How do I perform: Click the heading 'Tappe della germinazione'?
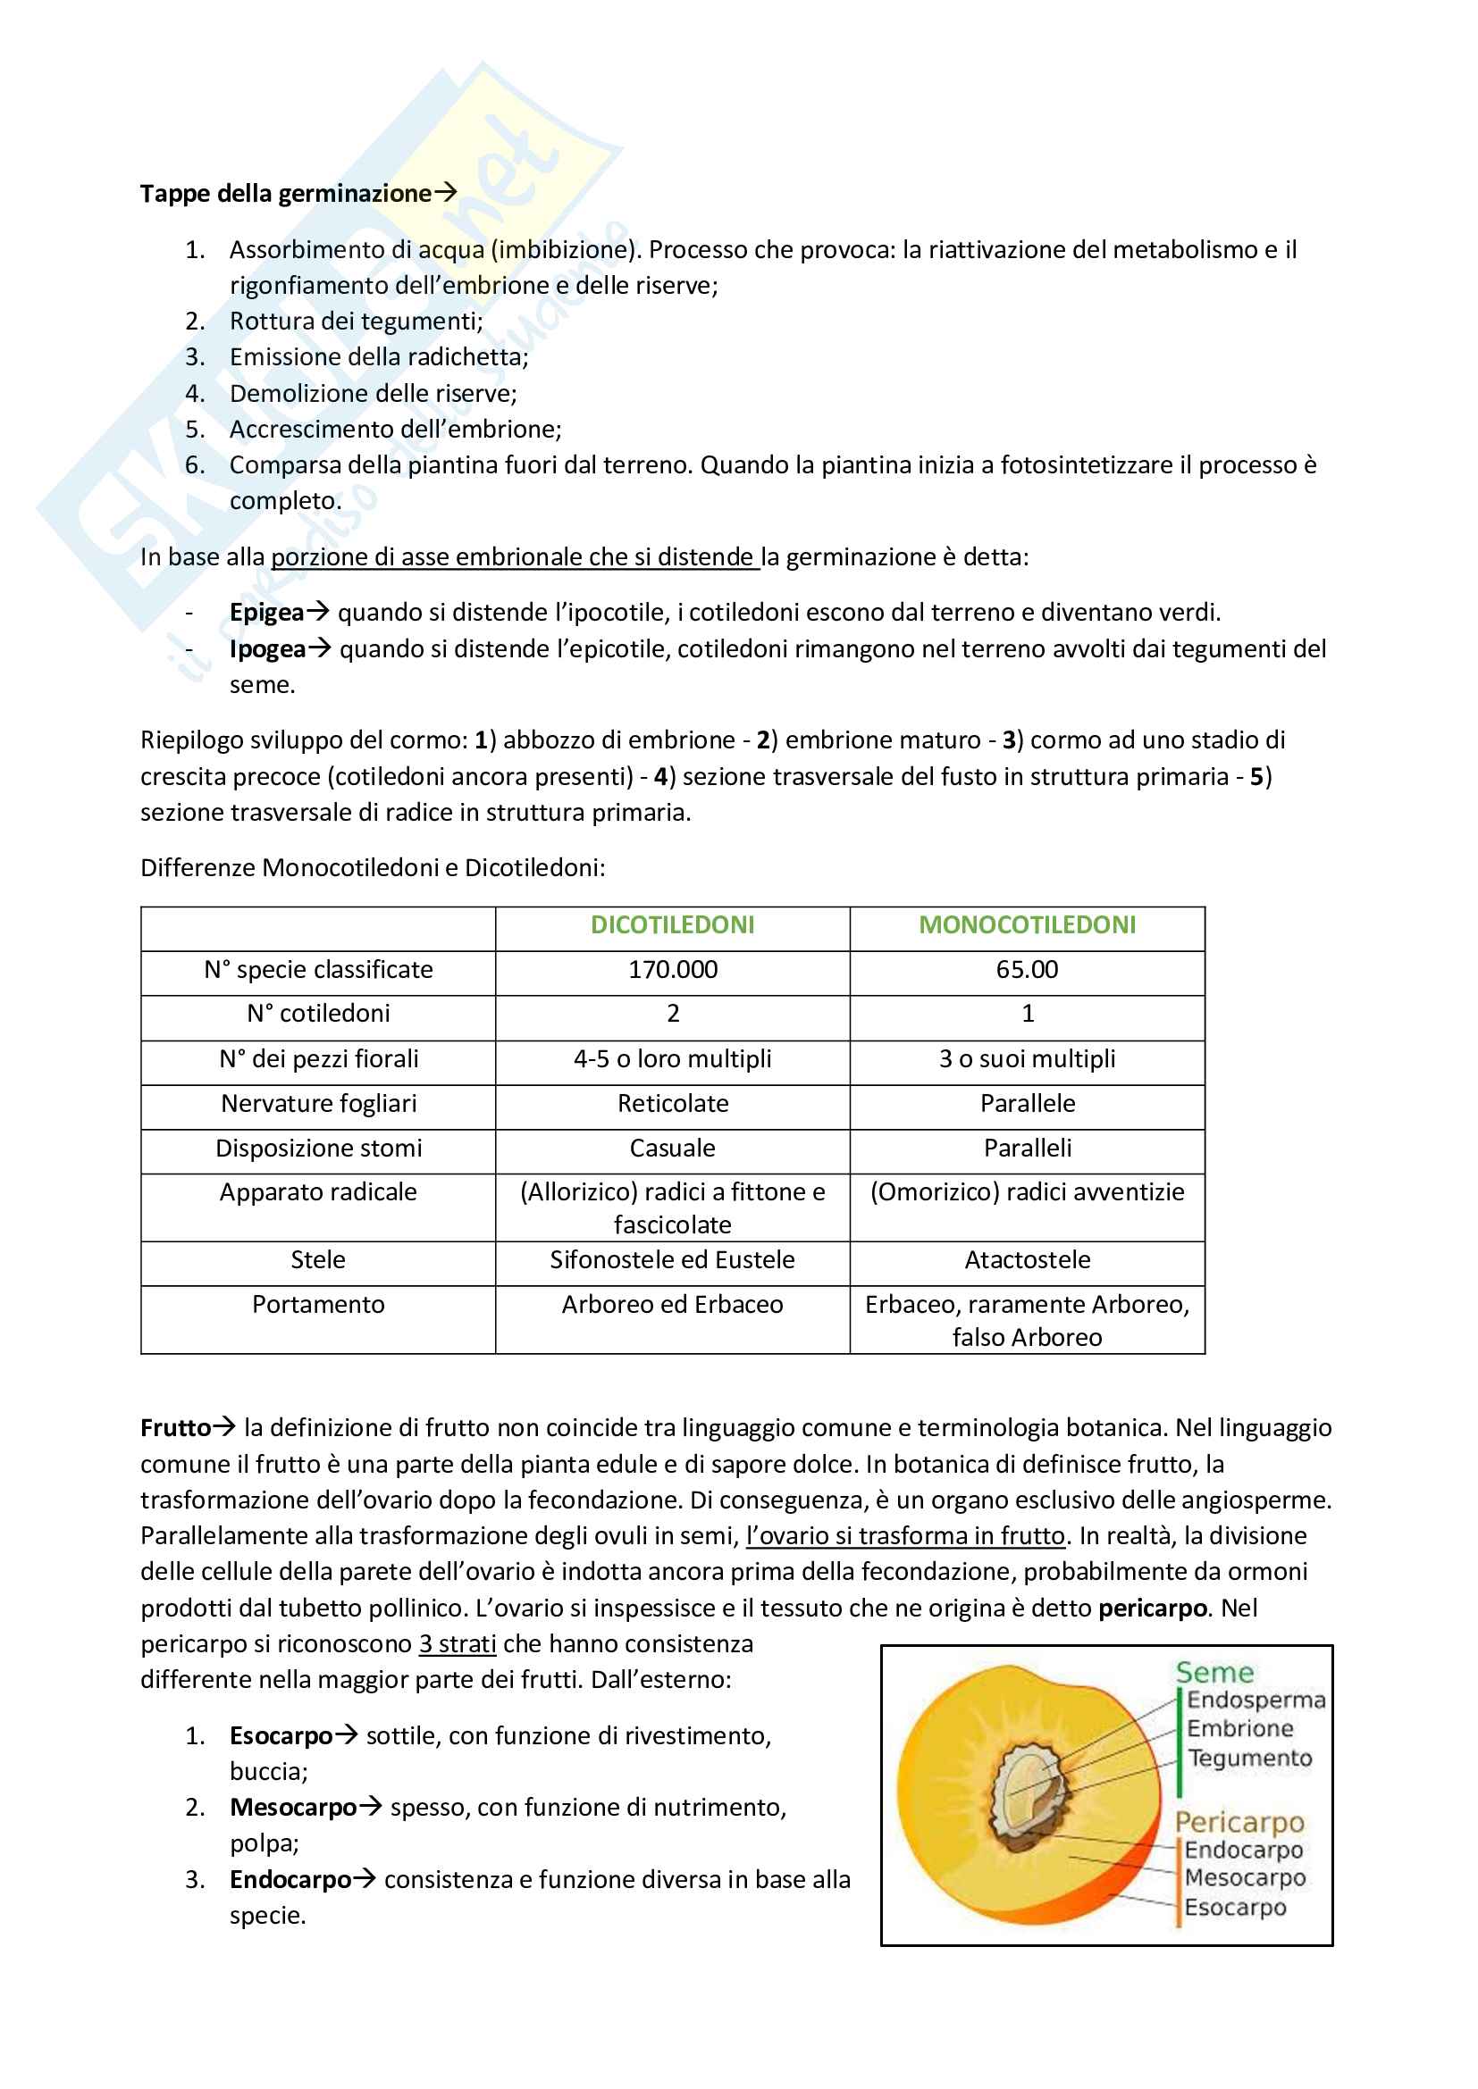(x=285, y=194)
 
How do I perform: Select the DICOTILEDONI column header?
(x=673, y=925)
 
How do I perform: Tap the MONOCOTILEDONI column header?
(x=1027, y=925)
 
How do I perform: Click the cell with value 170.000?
(x=673, y=970)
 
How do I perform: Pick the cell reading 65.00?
(x=1027, y=970)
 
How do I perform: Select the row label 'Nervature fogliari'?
(x=318, y=1104)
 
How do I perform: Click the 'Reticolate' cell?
(x=673, y=1104)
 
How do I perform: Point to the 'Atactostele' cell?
(x=1027, y=1260)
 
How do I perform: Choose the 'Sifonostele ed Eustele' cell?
(x=673, y=1260)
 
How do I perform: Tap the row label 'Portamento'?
(x=318, y=1305)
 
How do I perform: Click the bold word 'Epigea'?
(x=265, y=613)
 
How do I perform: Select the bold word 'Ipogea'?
(x=266, y=649)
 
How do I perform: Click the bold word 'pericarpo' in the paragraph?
(x=1152, y=1609)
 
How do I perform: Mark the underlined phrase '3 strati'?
(x=457, y=1644)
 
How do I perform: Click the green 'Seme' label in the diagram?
(x=1214, y=1672)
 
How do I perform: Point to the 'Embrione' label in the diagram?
(x=1239, y=1729)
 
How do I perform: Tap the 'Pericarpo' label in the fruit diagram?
(x=1239, y=1823)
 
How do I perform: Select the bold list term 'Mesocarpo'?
(x=293, y=1808)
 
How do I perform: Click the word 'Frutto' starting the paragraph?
(x=176, y=1428)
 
